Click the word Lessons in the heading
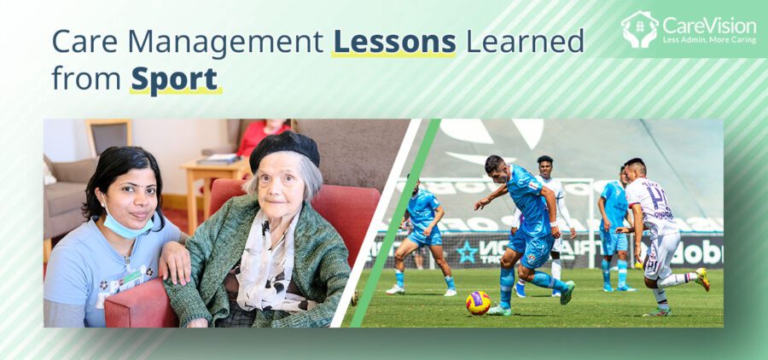click(393, 41)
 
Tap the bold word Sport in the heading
click(174, 78)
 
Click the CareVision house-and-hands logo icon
click(640, 29)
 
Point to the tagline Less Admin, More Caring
click(709, 40)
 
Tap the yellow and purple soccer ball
click(478, 303)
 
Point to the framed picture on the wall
click(108, 136)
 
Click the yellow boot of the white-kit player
click(702, 279)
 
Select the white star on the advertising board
click(466, 253)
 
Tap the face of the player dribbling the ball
click(495, 167)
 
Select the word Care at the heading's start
click(81, 41)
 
